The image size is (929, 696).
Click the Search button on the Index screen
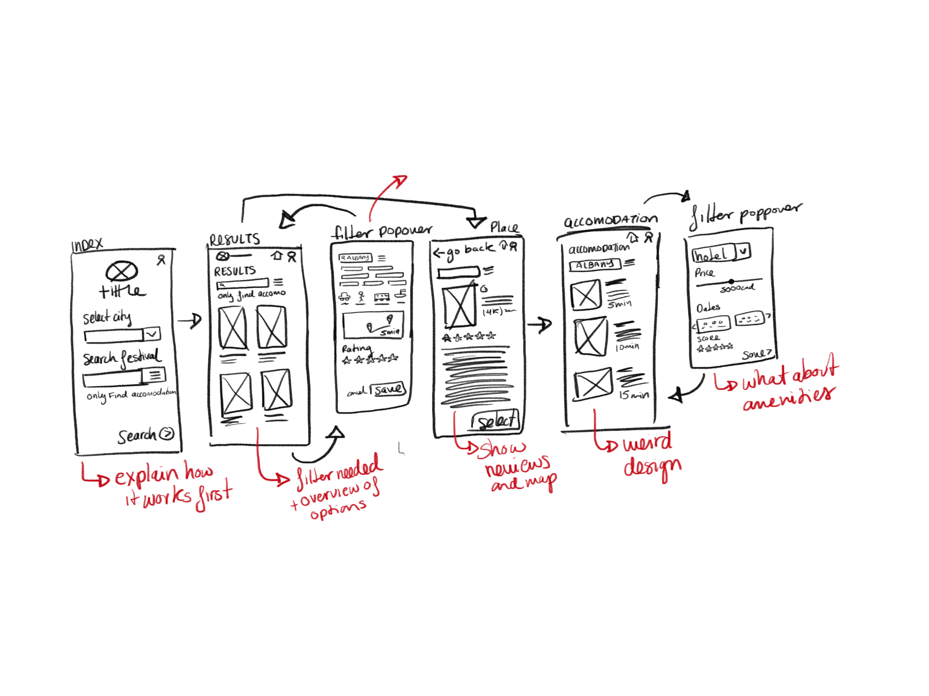pyautogui.click(x=145, y=435)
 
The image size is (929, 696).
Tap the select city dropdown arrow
pyautogui.click(x=152, y=334)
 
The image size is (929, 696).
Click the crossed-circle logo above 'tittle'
pyautogui.click(x=122, y=271)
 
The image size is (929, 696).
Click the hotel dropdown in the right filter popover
pyautogui.click(x=721, y=253)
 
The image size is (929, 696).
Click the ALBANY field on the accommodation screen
pyautogui.click(x=595, y=265)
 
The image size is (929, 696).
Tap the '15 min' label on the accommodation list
pyautogui.click(x=634, y=395)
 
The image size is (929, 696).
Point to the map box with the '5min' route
pyautogui.click(x=373, y=325)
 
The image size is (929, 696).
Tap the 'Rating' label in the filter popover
pyautogui.click(x=356, y=348)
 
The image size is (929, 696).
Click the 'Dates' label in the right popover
pyautogui.click(x=708, y=308)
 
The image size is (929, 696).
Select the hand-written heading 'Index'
pyautogui.click(x=87, y=244)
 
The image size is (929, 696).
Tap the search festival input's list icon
pyautogui.click(x=155, y=375)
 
